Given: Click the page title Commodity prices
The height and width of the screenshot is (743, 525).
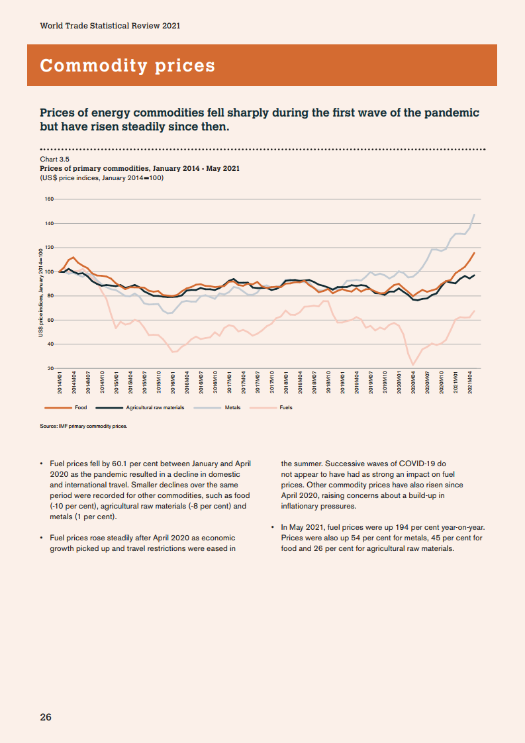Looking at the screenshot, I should click(x=128, y=66).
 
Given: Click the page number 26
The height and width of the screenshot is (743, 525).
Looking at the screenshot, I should click(x=46, y=718).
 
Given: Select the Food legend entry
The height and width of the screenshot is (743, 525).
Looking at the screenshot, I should click(x=81, y=408).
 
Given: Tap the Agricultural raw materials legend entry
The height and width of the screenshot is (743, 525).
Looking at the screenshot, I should click(x=155, y=408).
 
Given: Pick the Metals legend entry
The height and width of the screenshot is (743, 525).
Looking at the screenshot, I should click(x=232, y=408).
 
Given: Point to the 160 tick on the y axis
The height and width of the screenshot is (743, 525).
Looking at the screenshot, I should click(x=49, y=199).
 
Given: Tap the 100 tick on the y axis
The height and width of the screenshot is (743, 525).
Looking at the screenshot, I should click(x=49, y=272).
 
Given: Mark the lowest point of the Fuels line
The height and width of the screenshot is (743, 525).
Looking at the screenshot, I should click(x=413, y=365).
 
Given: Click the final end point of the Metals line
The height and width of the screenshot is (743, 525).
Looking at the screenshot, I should click(x=474, y=215).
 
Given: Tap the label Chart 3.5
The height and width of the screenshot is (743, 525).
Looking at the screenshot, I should click(x=55, y=159).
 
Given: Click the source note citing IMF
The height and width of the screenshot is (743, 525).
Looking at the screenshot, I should click(x=83, y=426).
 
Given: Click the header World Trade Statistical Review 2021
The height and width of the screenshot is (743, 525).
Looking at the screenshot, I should click(x=110, y=26).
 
